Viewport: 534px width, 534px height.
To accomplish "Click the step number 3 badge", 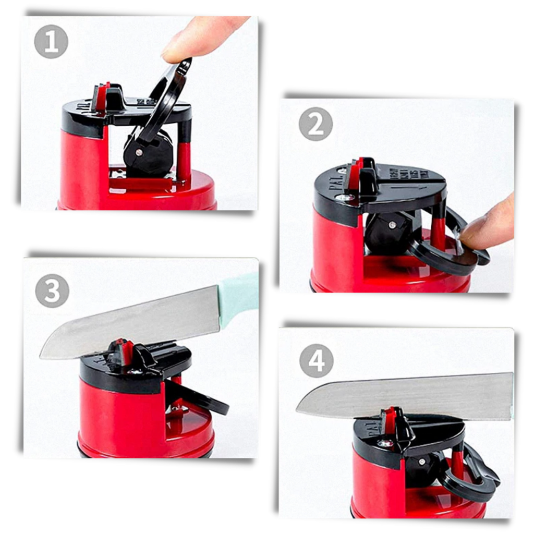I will pos(52,291).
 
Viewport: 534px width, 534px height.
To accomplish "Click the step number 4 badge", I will pos(316,361).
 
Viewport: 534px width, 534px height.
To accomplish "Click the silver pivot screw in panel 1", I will pos(139,152).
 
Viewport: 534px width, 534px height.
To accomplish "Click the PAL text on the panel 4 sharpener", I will pos(362,429).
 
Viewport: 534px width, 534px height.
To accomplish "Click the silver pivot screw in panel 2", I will pos(392,225).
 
